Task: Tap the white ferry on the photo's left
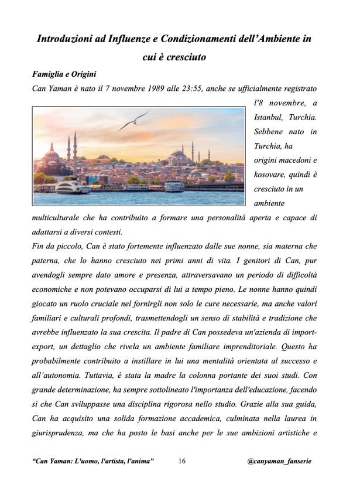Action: [x=72, y=186]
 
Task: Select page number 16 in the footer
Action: [x=181, y=462]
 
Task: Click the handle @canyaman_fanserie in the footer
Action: [x=279, y=462]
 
